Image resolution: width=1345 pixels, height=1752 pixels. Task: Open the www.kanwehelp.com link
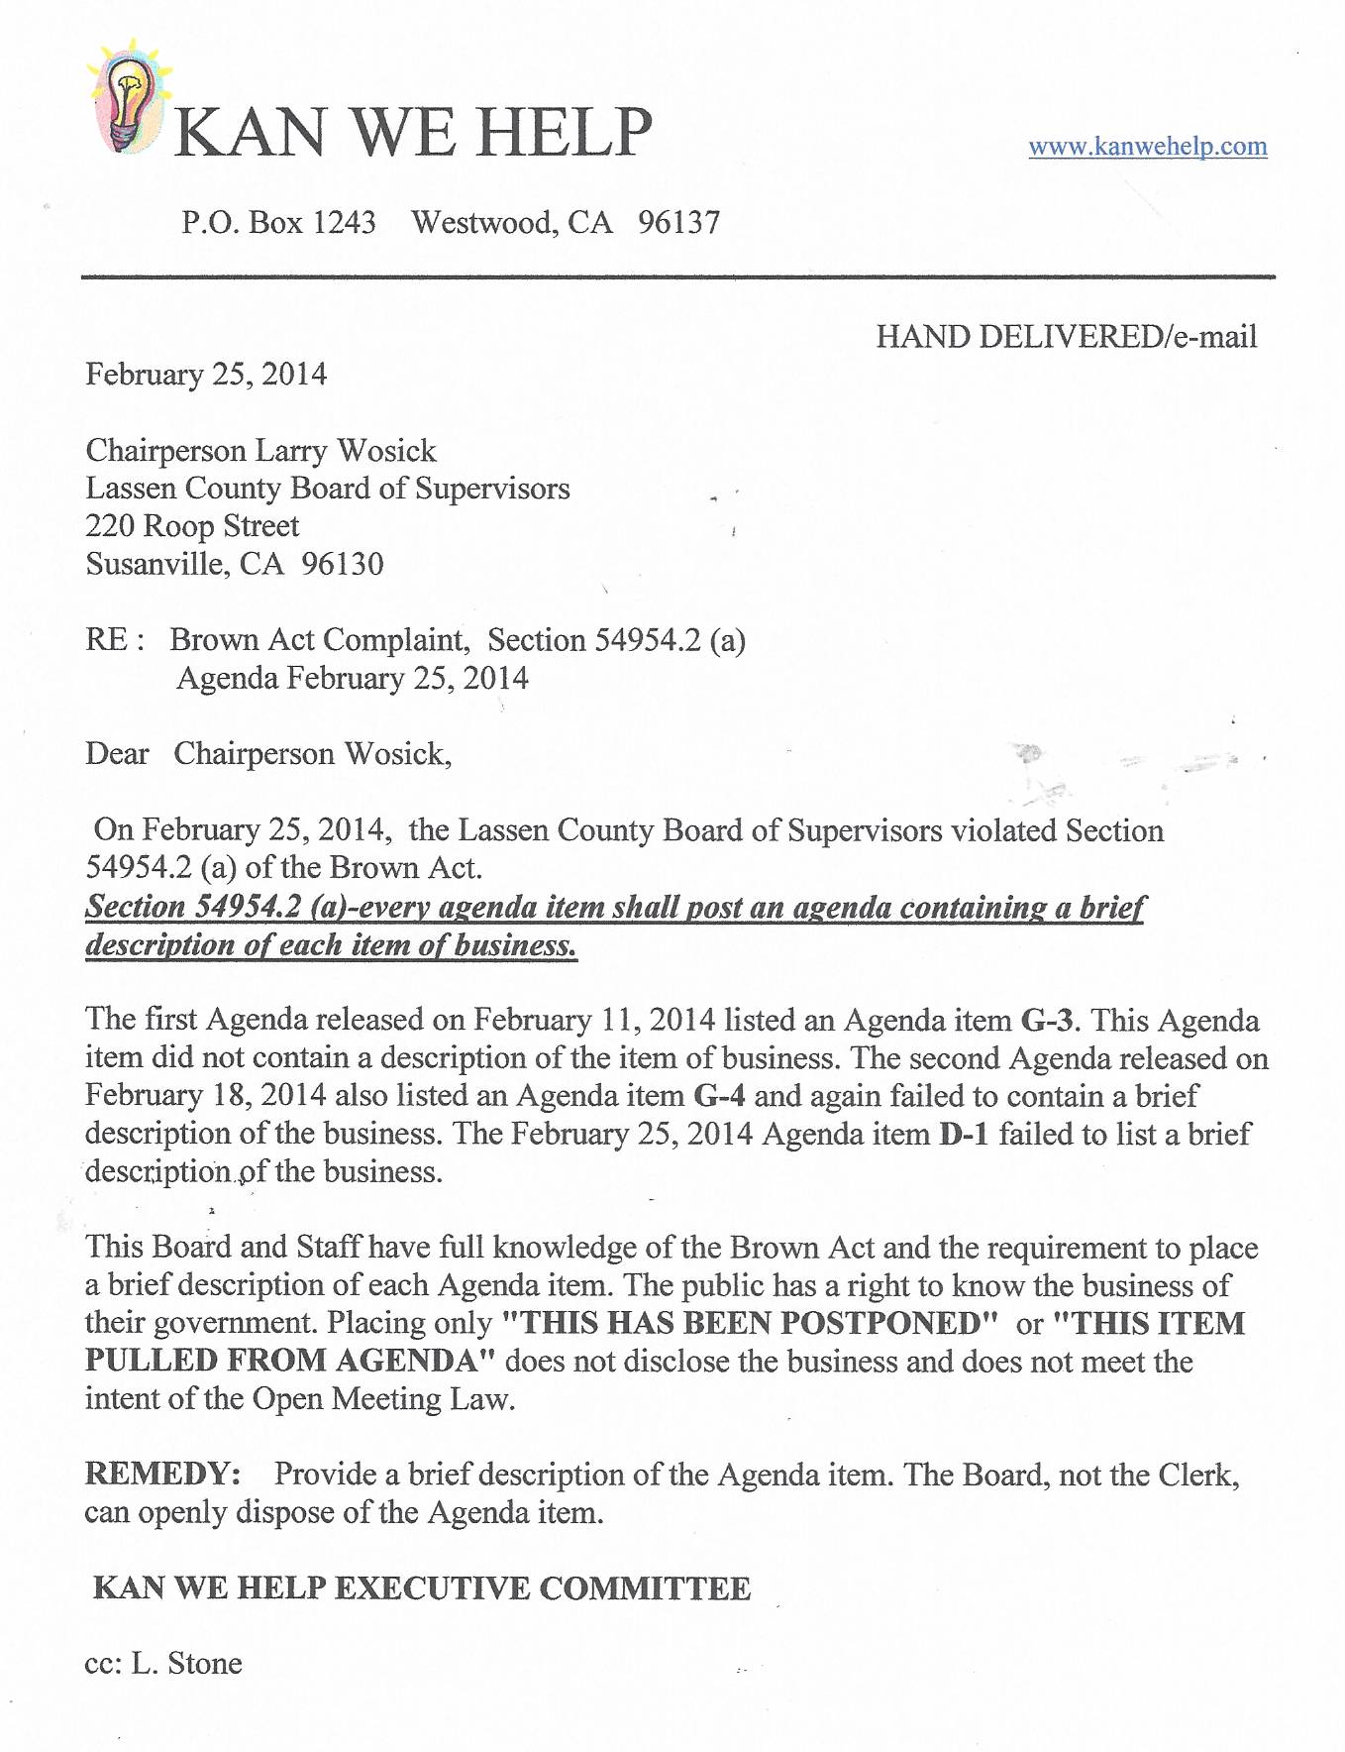pyautogui.click(x=1147, y=147)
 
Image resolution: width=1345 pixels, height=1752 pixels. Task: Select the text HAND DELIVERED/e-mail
pyautogui.click(x=1066, y=337)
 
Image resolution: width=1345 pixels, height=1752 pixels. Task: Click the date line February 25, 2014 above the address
pyautogui.click(x=206, y=375)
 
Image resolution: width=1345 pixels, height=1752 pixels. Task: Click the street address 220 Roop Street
pyautogui.click(x=192, y=526)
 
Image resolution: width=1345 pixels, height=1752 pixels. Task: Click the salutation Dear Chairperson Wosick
pyautogui.click(x=268, y=754)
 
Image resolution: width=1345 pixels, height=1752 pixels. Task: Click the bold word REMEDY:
pyautogui.click(x=162, y=1475)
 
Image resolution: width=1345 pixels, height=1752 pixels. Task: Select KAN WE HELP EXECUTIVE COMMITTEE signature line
pyautogui.click(x=422, y=1588)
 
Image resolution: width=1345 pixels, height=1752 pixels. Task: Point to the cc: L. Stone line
pyautogui.click(x=163, y=1663)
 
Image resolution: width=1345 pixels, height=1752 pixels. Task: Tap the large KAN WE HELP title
pyautogui.click(x=412, y=132)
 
